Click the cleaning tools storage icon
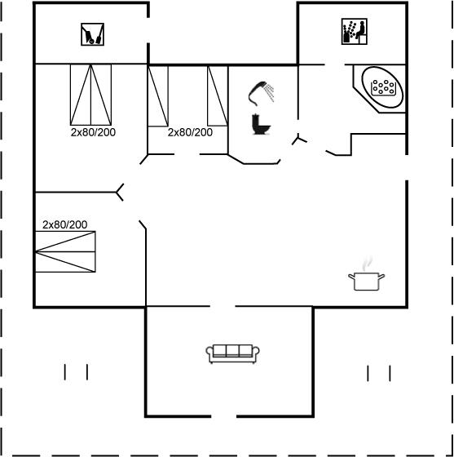93,34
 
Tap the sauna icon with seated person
355,32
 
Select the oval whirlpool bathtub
382,87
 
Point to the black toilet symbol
261,124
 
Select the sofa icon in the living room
232,354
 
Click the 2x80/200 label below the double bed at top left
93,132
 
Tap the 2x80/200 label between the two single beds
190,132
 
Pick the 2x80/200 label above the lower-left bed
64,224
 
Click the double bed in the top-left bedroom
90,95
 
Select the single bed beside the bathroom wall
218,96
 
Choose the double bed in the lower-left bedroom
65,251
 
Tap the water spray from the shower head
271,93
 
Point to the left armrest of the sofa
209,352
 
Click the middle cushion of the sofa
232,351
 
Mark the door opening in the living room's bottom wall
224,416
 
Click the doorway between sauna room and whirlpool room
335,64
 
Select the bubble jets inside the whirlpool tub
384,87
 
